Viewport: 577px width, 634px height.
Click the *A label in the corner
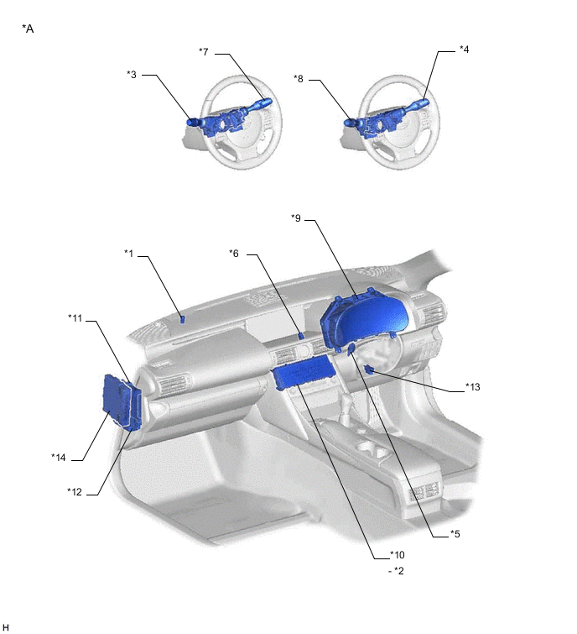pyautogui.click(x=28, y=29)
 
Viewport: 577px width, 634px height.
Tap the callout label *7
pyautogui.click(x=204, y=52)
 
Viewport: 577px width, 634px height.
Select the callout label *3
pyautogui.click(x=132, y=75)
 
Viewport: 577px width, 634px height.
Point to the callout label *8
pyautogui.click(x=299, y=79)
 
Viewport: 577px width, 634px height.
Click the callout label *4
pyautogui.click(x=465, y=50)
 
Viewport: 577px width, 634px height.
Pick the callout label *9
pyautogui.click(x=296, y=218)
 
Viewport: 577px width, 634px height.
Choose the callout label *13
pyautogui.click(x=473, y=387)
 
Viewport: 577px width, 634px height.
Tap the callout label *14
pyautogui.click(x=59, y=458)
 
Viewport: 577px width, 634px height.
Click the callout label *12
pyautogui.click(x=75, y=492)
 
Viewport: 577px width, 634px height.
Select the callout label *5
pyautogui.click(x=455, y=534)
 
